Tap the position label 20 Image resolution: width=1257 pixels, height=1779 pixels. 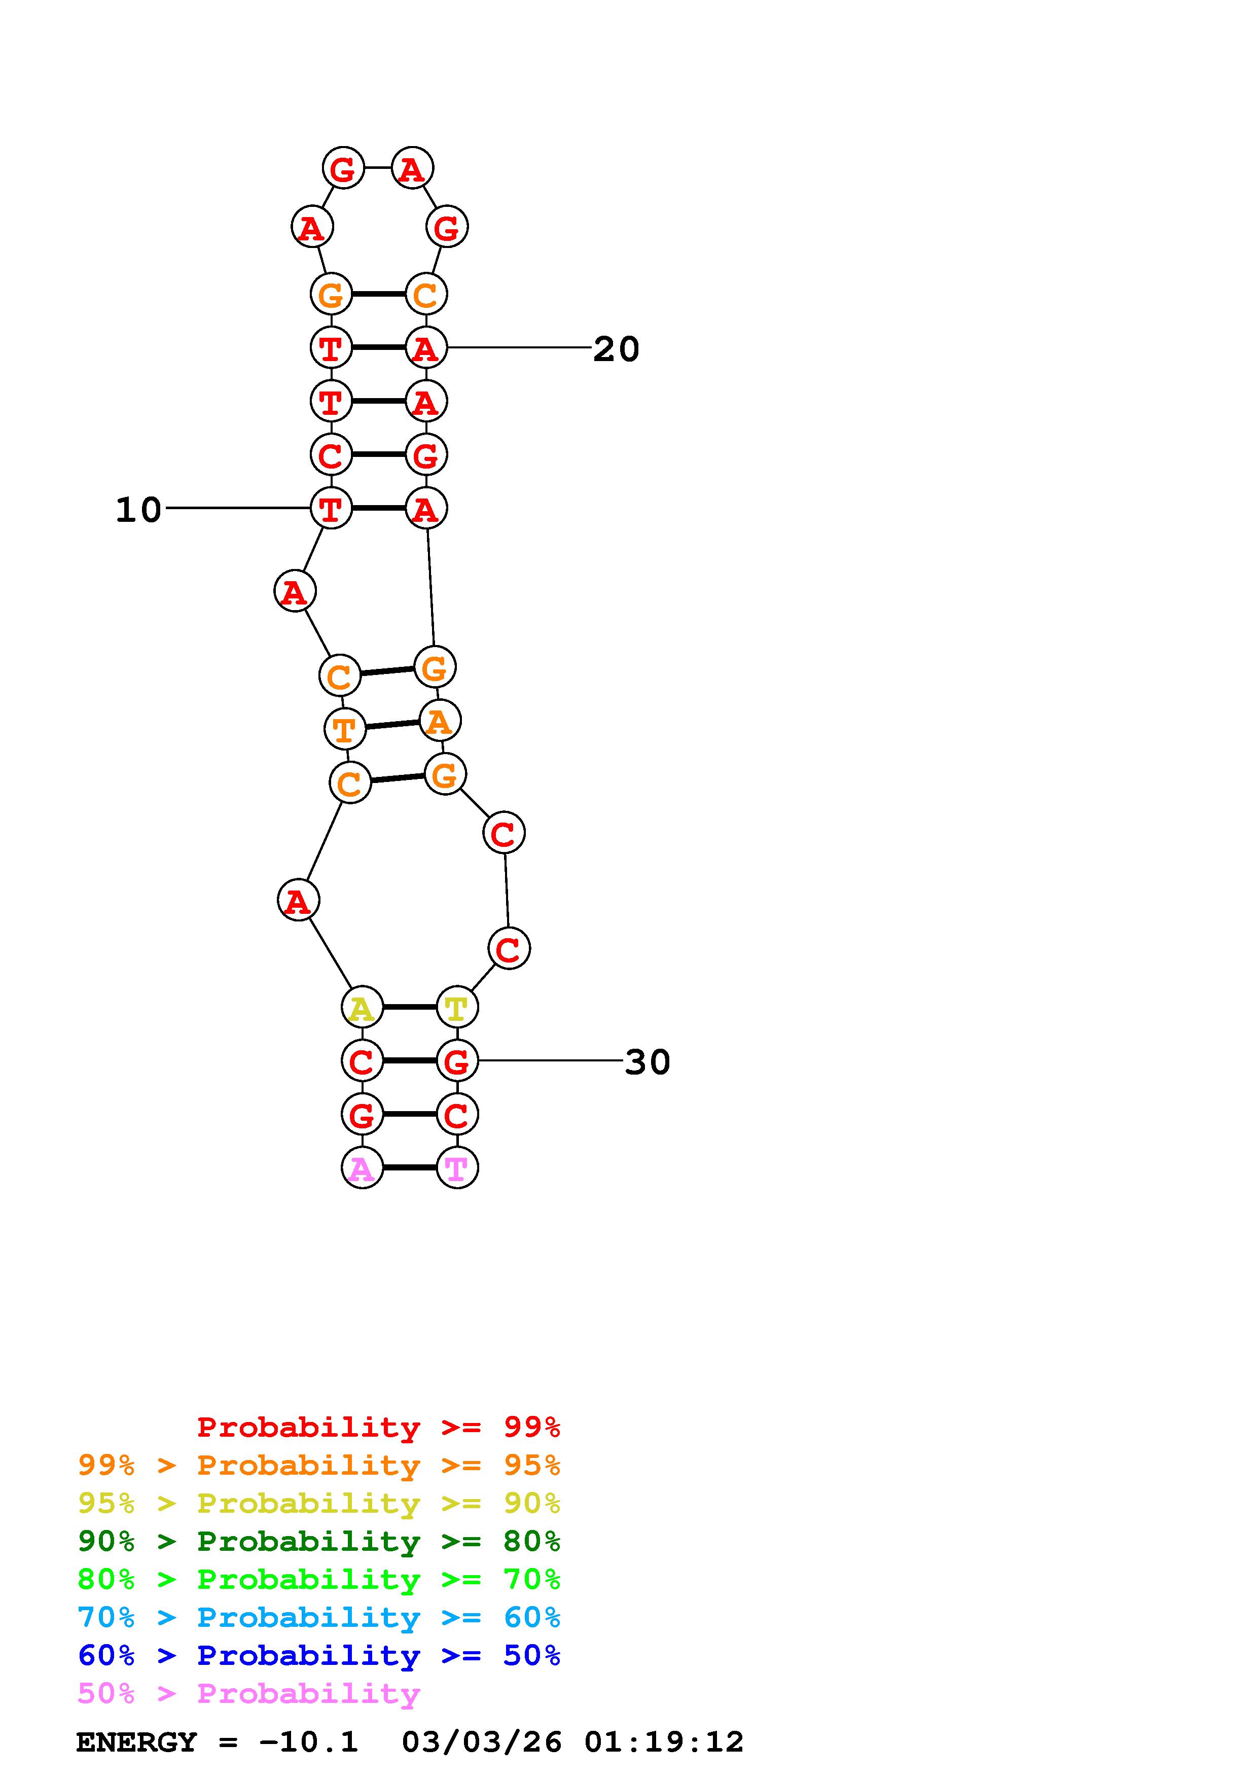pos(617,349)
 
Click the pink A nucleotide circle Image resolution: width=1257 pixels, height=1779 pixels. pos(362,1168)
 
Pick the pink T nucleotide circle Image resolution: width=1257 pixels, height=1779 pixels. pos(457,1168)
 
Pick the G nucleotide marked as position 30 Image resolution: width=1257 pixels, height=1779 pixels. pos(457,1061)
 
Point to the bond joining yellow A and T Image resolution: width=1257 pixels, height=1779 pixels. pos(410,1007)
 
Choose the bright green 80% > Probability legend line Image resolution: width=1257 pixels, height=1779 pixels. pos(319,1579)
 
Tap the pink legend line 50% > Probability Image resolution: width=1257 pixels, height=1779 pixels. pos(248,1693)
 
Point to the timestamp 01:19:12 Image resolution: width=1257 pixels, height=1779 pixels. pos(664,1742)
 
